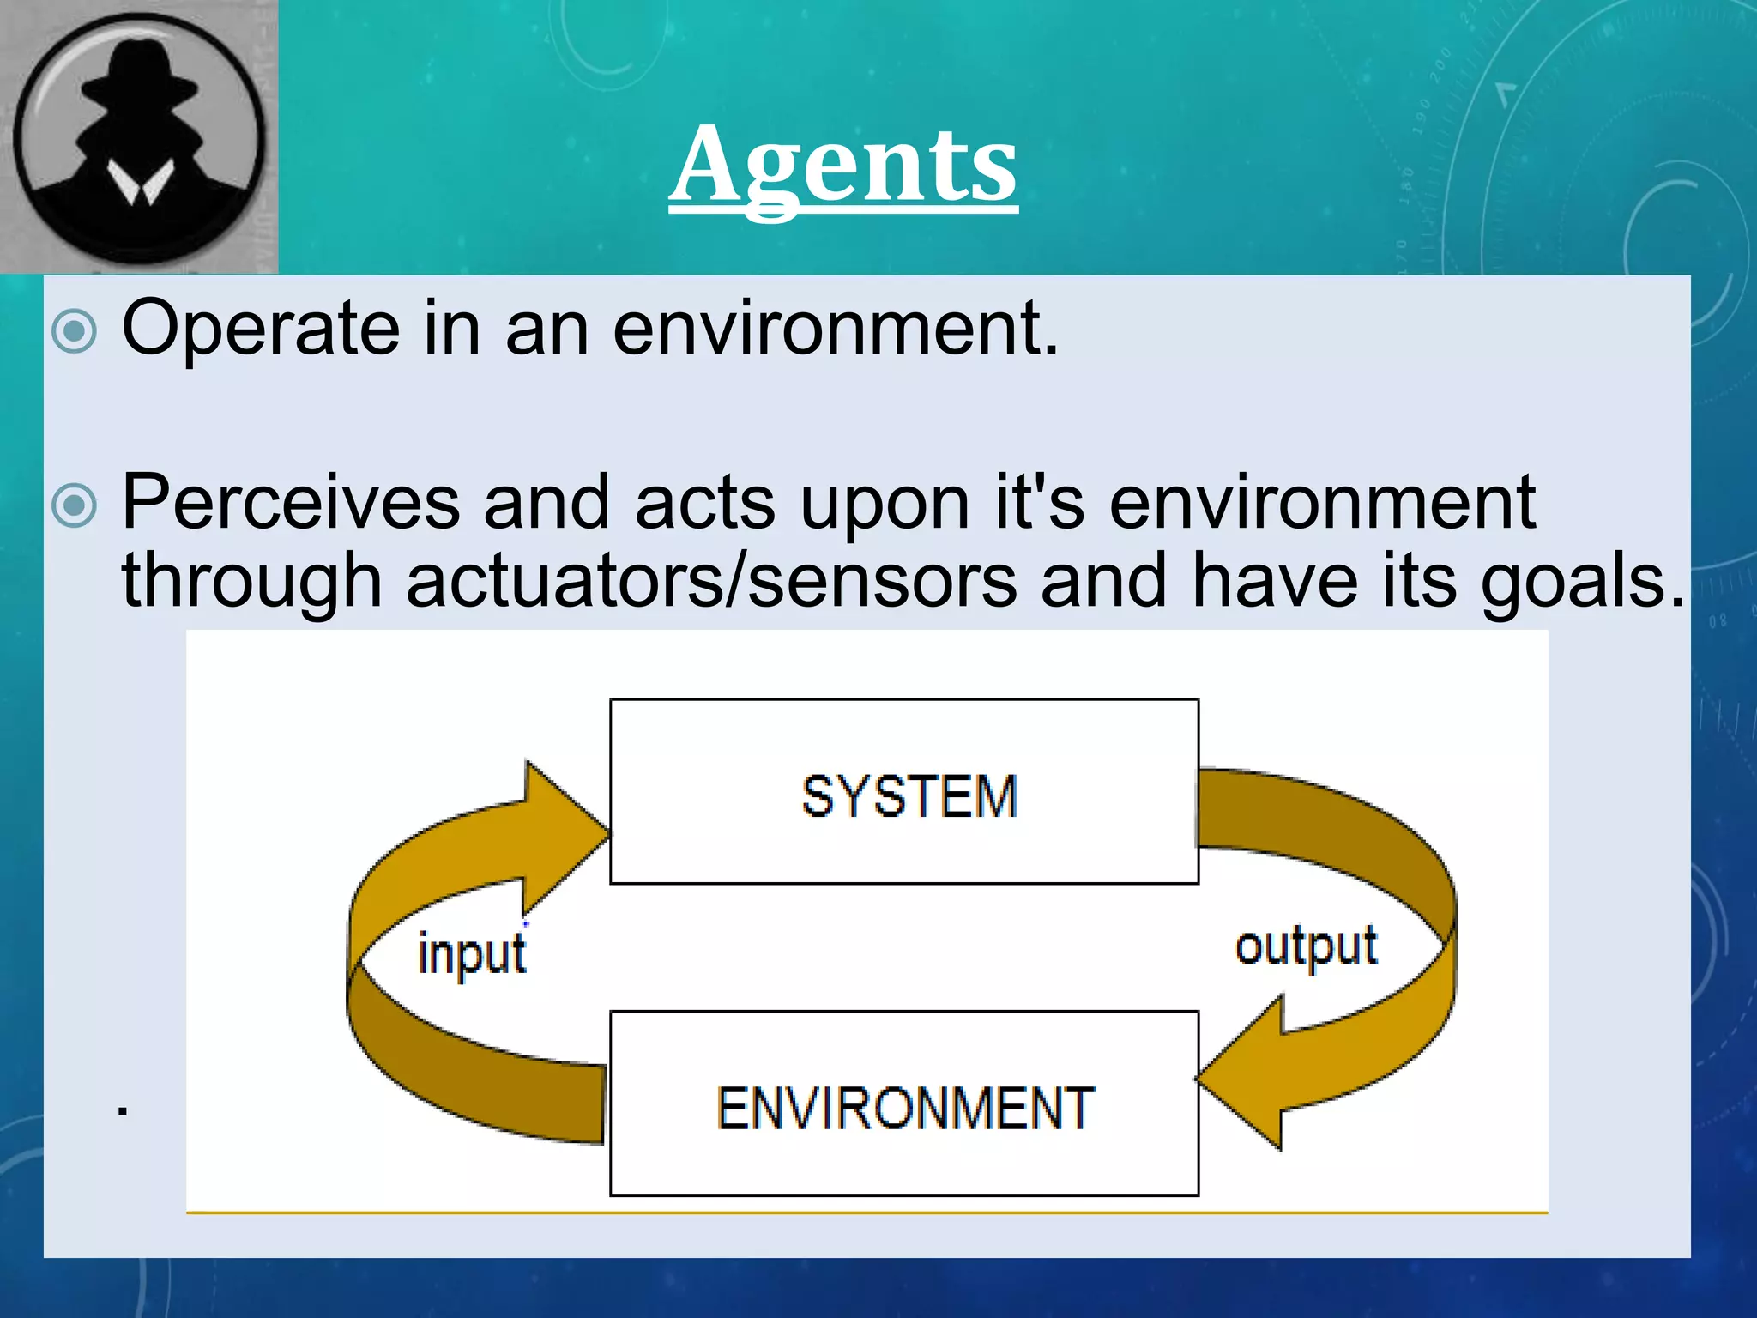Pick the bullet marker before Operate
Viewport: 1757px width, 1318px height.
coord(75,331)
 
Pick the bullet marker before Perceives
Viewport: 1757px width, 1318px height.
coord(75,506)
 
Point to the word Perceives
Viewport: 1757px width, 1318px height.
coord(291,504)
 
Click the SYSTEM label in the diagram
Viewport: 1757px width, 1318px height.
coord(909,795)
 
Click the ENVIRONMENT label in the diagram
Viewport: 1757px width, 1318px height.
coord(905,1108)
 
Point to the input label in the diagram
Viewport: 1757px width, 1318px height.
coord(472,955)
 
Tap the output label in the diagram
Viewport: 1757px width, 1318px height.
coord(1306,947)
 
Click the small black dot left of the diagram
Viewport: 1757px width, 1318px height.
coord(124,1111)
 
